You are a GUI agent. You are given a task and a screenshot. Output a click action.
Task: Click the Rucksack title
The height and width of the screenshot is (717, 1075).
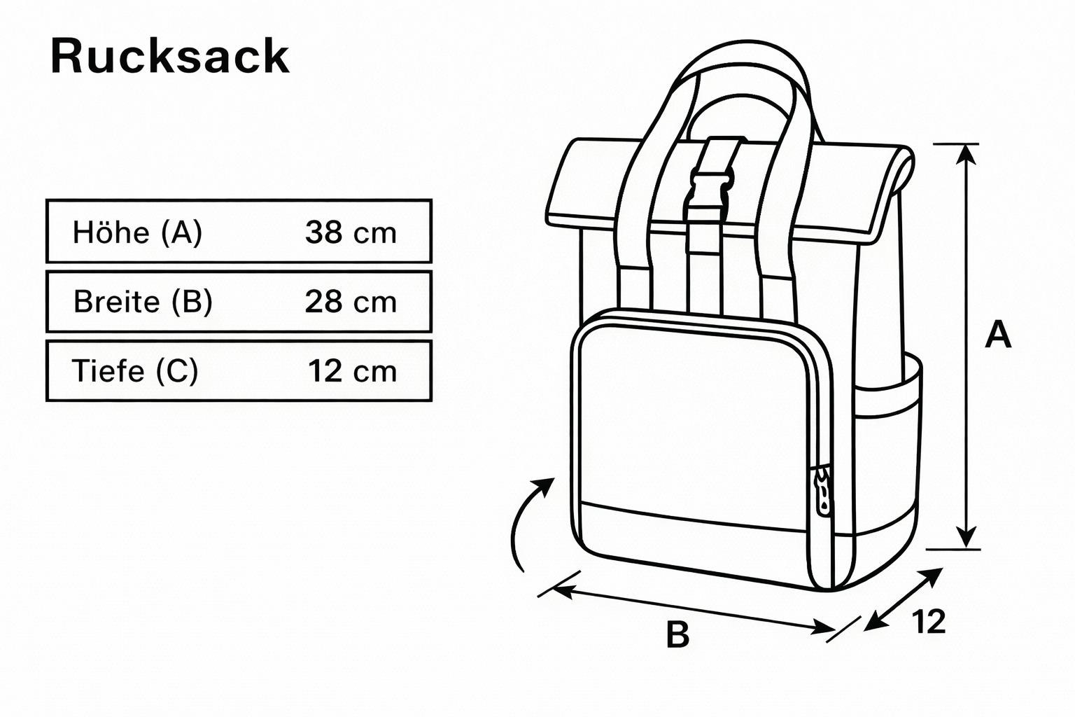(x=170, y=57)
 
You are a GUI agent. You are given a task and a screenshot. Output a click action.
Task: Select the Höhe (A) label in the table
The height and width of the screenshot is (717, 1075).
(x=137, y=232)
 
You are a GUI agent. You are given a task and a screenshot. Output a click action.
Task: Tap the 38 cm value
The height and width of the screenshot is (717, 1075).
(x=351, y=232)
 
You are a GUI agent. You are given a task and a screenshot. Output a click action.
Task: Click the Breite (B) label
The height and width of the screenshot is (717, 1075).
(x=143, y=302)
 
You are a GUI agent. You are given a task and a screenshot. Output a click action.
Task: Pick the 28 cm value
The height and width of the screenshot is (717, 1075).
(x=351, y=302)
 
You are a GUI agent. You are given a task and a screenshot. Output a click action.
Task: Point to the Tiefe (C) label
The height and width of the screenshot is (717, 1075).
(x=135, y=370)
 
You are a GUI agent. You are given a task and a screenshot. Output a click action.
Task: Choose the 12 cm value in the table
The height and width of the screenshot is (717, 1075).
(x=352, y=370)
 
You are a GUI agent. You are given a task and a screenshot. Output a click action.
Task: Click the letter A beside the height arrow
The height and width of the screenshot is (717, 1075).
(x=998, y=335)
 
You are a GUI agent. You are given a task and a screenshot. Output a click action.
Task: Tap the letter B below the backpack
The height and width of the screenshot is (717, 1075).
(x=677, y=635)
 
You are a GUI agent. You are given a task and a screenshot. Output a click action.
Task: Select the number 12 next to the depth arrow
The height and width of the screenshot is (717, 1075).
(x=929, y=622)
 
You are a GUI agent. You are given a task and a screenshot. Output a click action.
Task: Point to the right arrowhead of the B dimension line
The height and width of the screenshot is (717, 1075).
(x=822, y=628)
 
